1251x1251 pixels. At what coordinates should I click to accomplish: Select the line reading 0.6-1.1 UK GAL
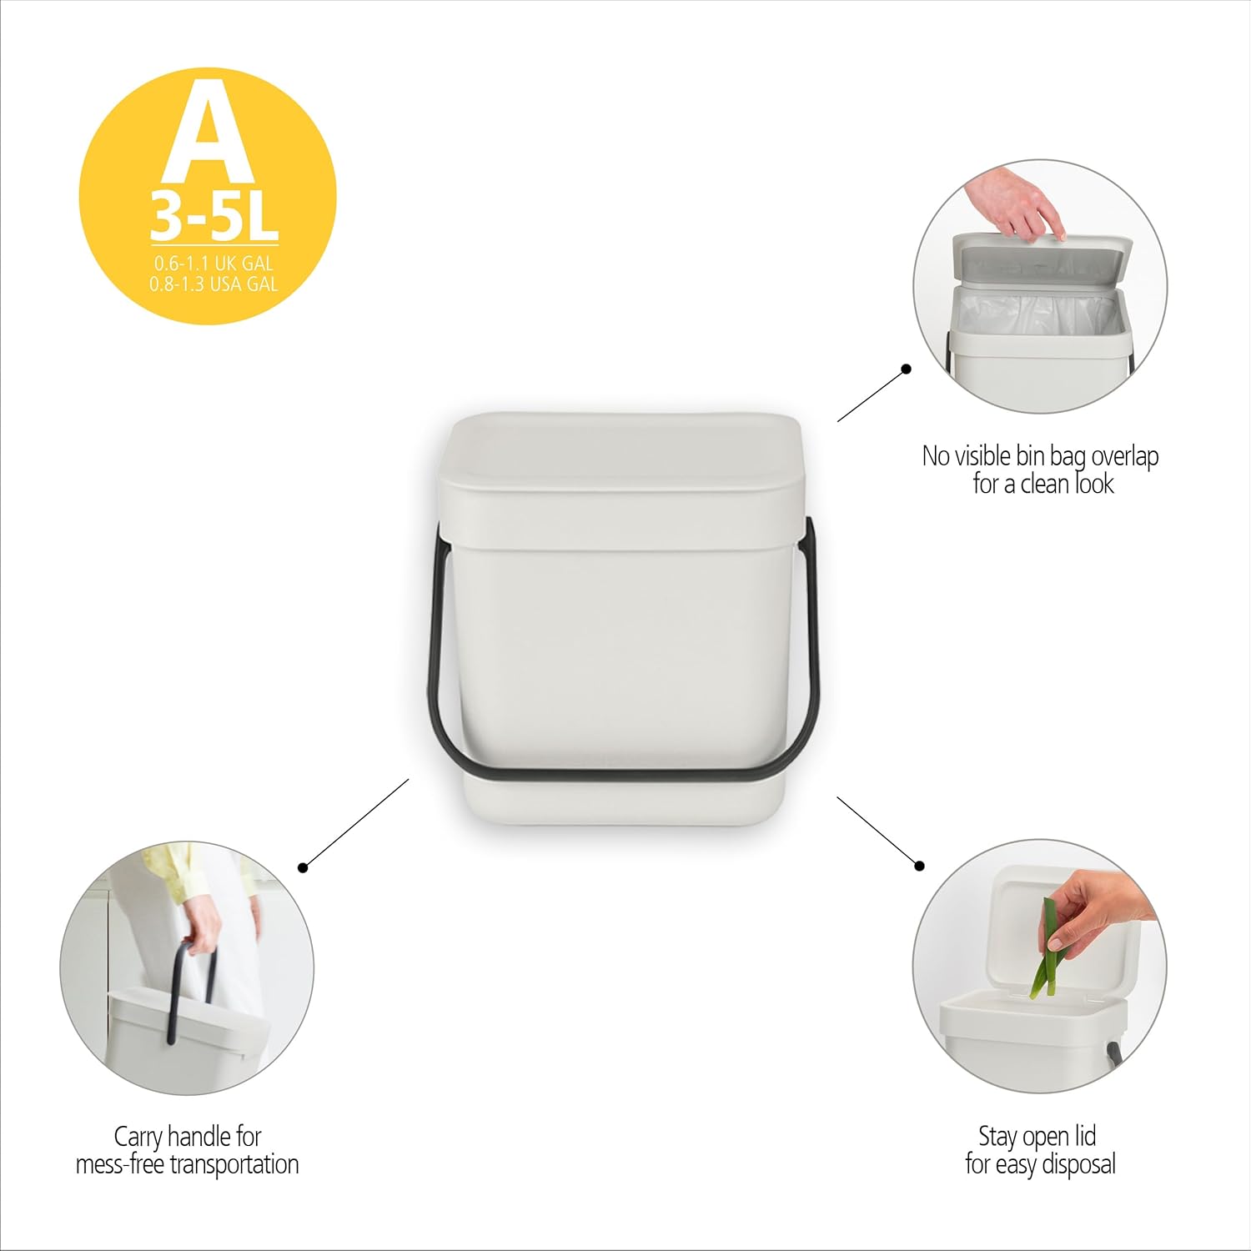214,264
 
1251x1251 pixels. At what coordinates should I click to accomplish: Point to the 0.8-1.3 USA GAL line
214,284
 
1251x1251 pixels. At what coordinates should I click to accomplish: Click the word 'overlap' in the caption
1125,457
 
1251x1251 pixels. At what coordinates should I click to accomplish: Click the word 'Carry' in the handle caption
138,1138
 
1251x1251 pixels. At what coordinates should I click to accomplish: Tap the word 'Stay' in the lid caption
997,1138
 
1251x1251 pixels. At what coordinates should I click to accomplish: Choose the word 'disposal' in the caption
1080,1164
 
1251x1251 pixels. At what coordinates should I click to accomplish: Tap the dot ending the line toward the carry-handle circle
303,868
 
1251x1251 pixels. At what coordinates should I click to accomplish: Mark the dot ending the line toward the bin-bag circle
906,369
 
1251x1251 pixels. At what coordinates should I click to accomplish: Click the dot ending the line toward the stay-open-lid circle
919,866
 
